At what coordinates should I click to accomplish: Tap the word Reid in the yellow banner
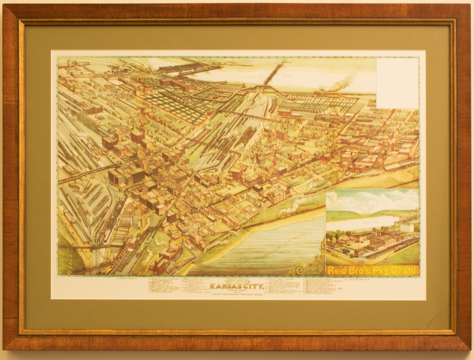[338, 270]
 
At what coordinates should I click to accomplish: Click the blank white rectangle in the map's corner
[398, 82]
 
